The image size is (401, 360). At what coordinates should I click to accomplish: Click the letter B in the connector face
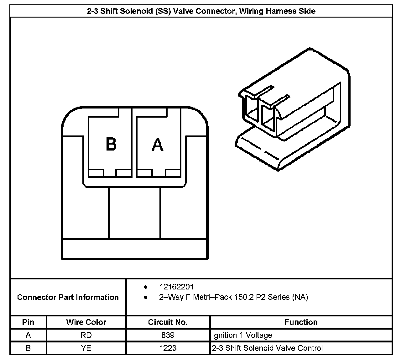coord(111,145)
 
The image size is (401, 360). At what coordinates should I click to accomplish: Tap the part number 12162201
coord(176,287)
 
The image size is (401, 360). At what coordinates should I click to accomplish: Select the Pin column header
coord(28,322)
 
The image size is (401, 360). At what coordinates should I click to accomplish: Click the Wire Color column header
coord(86,322)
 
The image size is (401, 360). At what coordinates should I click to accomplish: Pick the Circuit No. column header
coord(168,322)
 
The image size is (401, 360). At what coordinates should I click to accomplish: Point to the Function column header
coord(301,322)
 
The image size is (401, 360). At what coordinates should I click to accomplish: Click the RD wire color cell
coord(86,335)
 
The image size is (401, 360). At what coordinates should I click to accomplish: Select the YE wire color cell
coord(86,348)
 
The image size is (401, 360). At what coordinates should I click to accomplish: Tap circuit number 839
coord(168,335)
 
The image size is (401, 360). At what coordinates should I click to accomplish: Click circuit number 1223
coord(168,348)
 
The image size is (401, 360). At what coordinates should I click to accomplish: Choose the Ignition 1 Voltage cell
coord(242,335)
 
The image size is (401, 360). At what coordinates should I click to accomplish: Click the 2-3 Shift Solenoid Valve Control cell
coord(267,348)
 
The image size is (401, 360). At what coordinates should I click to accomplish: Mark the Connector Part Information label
coord(68,297)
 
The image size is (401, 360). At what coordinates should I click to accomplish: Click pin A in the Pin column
coord(28,335)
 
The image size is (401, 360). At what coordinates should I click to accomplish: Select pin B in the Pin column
coord(28,348)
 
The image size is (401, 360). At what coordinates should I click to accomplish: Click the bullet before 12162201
coord(145,287)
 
